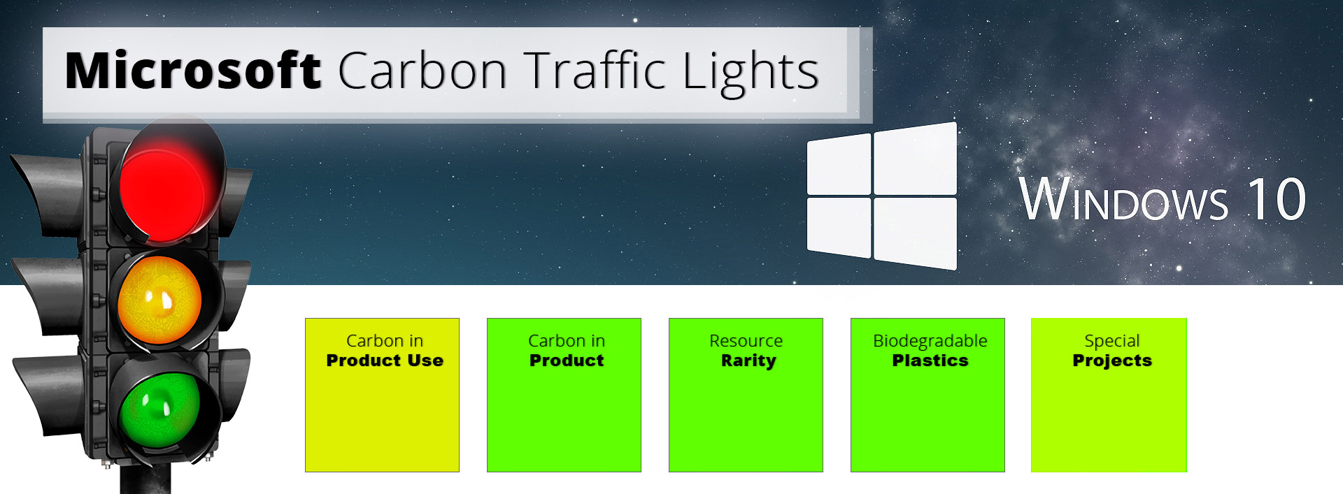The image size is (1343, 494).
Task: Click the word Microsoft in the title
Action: point(192,71)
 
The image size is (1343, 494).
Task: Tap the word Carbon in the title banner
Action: point(422,71)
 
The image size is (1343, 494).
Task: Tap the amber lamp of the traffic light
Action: point(160,300)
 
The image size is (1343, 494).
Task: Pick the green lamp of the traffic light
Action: point(159,409)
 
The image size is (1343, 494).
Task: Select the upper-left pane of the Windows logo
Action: point(839,165)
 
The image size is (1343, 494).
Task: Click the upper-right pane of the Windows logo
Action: point(915,159)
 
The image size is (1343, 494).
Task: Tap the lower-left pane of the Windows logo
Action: point(839,226)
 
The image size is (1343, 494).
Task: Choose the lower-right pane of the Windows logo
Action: point(915,232)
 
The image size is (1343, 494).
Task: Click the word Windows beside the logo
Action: point(1123,201)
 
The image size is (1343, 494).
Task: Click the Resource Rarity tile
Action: point(746,412)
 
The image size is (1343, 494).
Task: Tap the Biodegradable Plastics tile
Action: point(928,412)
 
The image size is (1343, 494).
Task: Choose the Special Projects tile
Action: point(1109,412)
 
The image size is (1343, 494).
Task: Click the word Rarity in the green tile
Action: point(748,361)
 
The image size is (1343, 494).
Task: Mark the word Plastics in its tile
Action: point(930,361)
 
